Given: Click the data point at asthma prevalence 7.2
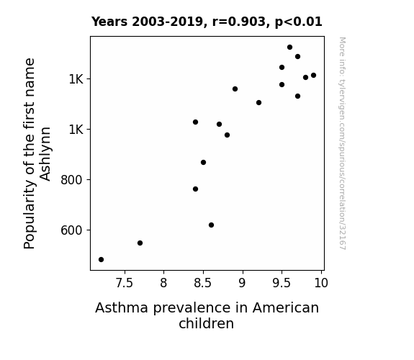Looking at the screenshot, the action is (x=101, y=260).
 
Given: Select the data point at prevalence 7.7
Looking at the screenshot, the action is (x=140, y=243).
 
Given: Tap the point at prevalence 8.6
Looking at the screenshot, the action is (x=211, y=225).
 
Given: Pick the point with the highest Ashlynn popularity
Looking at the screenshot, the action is (x=289, y=48).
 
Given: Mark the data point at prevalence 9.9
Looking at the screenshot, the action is (x=313, y=76).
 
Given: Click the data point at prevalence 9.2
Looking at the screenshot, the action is (x=258, y=102).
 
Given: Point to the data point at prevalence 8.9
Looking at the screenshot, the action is (x=235, y=89).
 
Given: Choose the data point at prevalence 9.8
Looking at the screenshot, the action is (x=305, y=77).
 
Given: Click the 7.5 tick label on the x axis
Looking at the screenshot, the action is (x=125, y=283).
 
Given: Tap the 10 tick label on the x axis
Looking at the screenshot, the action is (x=321, y=283).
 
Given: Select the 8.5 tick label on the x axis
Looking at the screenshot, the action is (x=203, y=283).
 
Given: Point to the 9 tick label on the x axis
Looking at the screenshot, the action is (x=243, y=283).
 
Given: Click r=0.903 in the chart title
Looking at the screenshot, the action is (x=239, y=22).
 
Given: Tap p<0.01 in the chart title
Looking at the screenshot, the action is (x=299, y=22).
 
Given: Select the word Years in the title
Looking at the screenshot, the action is (x=109, y=22).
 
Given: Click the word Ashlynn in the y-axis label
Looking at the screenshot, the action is (x=45, y=154).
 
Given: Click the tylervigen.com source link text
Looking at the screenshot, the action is (x=342, y=143).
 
